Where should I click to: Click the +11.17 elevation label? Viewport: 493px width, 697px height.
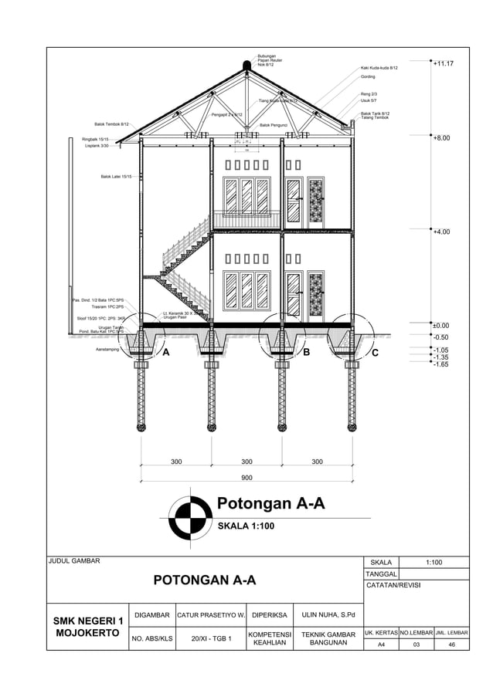point(443,64)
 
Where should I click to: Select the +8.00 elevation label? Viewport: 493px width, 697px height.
point(442,139)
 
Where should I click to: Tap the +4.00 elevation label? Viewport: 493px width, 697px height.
point(442,232)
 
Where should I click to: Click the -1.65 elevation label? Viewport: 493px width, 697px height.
point(441,364)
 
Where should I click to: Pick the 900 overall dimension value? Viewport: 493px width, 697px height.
point(246,478)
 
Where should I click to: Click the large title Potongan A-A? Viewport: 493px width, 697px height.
point(270,505)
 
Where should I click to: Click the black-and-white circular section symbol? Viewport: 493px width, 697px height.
point(190,517)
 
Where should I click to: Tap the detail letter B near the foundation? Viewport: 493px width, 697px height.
point(307,353)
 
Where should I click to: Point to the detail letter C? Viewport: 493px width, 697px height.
point(375,354)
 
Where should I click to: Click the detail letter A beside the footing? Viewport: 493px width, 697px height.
point(164,353)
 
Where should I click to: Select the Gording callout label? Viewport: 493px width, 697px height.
point(368,77)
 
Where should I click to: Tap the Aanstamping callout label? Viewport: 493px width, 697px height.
point(107,350)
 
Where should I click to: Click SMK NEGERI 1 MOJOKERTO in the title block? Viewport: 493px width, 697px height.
point(88,627)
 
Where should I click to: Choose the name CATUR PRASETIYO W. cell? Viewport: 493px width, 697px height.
point(211,615)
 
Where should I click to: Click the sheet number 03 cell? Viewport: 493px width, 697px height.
point(416,645)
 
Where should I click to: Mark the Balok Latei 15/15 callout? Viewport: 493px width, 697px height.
point(116,177)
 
